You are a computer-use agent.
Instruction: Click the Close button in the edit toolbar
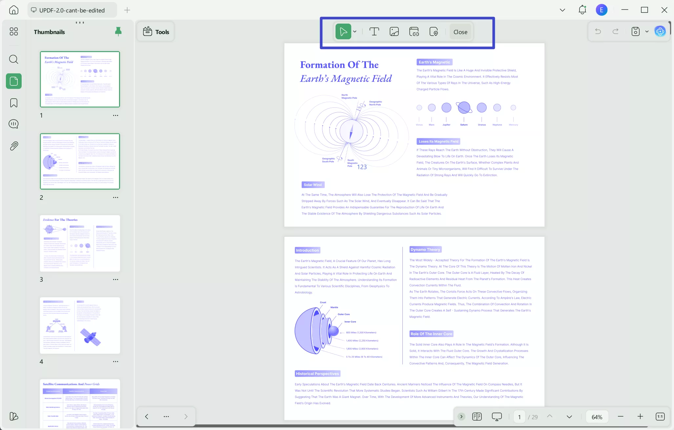click(460, 32)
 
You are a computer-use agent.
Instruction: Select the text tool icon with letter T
click(374, 32)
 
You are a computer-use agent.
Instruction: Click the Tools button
click(156, 32)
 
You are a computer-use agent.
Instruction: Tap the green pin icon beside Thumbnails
click(118, 31)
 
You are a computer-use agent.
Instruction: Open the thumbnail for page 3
click(80, 243)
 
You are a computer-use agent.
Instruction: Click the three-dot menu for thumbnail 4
click(115, 362)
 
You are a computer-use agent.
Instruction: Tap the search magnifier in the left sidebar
click(14, 59)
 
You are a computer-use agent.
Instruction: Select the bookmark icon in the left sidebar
click(14, 103)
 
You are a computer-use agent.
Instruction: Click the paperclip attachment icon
click(14, 146)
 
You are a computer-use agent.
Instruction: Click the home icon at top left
click(14, 10)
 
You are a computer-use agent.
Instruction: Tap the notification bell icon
click(582, 10)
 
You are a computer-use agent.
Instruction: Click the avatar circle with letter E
click(602, 10)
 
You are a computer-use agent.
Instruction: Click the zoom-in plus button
click(640, 417)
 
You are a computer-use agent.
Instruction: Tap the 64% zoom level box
click(597, 417)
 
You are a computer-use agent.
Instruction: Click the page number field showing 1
click(519, 417)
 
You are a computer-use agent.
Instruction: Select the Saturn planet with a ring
click(464, 107)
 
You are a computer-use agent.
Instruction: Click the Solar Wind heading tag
click(313, 185)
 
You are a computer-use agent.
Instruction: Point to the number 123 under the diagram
click(362, 167)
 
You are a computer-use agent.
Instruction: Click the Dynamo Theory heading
click(425, 250)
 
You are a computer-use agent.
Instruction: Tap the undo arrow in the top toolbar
click(598, 31)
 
